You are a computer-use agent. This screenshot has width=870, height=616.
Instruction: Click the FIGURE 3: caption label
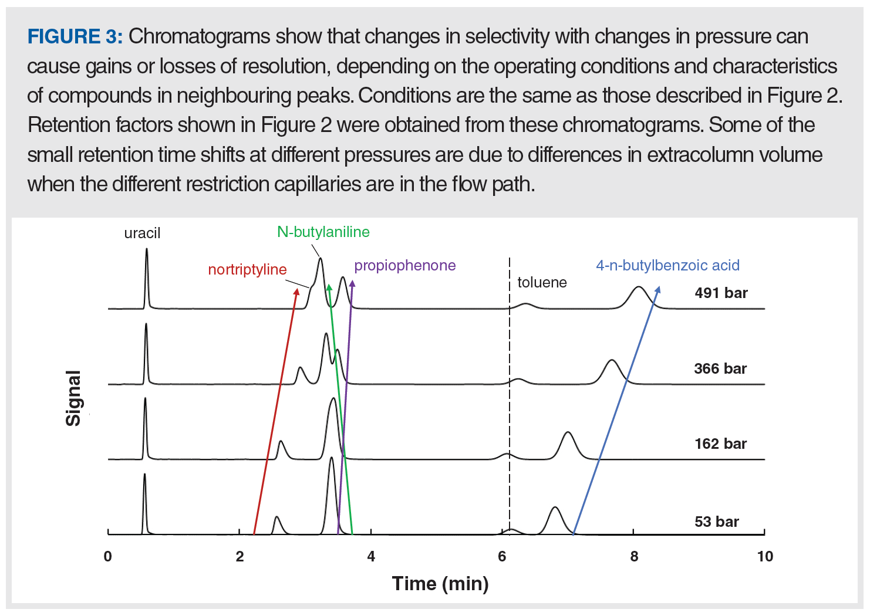pos(75,36)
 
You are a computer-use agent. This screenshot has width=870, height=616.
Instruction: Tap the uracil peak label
pos(142,233)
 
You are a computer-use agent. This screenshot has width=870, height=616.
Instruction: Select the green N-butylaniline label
pos(323,232)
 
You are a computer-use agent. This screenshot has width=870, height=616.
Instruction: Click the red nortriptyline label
pos(247,269)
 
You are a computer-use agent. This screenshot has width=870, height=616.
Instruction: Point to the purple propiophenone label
pos(404,265)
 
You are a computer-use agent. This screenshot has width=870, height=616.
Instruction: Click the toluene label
pos(542,282)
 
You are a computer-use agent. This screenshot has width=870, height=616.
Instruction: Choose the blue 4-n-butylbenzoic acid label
pos(667,265)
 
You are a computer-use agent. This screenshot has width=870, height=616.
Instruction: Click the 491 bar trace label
pos(721,293)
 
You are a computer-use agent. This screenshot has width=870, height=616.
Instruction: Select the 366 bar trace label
pos(720,368)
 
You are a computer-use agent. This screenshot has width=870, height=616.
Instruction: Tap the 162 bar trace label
pos(720,444)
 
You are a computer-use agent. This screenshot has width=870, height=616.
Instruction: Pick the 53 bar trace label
pos(716,522)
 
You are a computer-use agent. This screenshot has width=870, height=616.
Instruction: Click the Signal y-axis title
pos(73,398)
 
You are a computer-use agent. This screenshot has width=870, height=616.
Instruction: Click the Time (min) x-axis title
pos(440,583)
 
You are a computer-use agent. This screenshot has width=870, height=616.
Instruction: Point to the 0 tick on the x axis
pos(108,556)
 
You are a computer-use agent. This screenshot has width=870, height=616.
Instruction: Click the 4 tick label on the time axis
pos(371,556)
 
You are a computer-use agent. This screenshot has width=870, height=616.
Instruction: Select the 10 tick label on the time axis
pos(765,556)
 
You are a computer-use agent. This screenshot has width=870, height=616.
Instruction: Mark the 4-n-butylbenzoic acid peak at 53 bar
pos(555,508)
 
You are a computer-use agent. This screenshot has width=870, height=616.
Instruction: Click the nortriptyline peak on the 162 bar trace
pos(281,442)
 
